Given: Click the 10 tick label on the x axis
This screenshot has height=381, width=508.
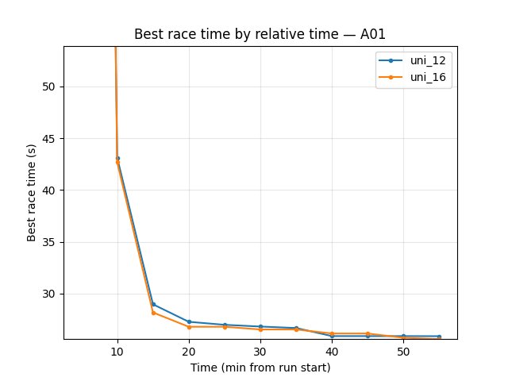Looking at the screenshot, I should (x=117, y=351).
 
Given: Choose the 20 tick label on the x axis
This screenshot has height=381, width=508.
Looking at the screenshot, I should (x=189, y=351).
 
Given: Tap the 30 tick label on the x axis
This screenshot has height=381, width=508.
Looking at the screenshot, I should (x=260, y=351).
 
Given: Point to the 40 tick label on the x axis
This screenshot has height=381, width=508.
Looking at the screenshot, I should (x=332, y=351).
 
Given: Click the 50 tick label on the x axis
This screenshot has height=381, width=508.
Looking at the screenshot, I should (x=403, y=351).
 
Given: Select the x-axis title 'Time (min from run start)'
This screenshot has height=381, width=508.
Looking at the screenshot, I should (x=260, y=368).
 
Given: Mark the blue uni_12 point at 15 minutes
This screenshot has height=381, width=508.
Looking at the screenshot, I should (x=153, y=304).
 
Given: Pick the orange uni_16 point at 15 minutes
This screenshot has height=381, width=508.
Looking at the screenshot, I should (x=153, y=313).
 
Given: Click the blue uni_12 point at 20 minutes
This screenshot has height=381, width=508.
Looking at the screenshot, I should (x=189, y=321).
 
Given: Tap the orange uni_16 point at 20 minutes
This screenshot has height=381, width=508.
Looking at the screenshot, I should (x=189, y=327).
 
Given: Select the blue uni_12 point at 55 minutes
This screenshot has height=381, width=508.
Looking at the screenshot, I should (x=439, y=336).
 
